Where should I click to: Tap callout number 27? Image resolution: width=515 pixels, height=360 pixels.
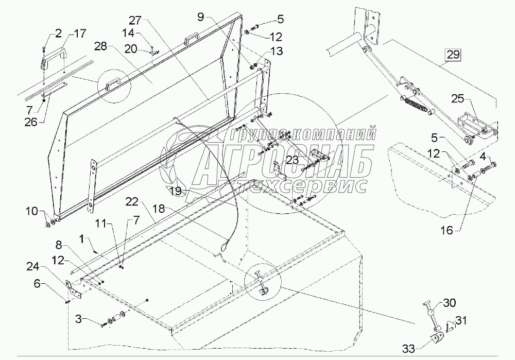[x=135, y=21]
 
